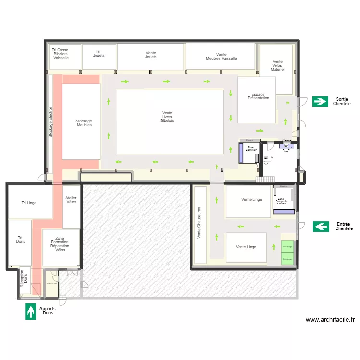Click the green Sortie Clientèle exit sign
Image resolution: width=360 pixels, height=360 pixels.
click(x=320, y=101)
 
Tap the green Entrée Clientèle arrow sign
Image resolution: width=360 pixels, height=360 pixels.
click(x=321, y=226)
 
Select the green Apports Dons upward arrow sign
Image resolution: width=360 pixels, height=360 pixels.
click(x=31, y=311)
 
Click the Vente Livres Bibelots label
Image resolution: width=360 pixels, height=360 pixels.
click(x=167, y=117)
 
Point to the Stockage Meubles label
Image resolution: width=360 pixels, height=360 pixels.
click(x=84, y=123)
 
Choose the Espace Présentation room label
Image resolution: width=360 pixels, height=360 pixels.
click(x=258, y=96)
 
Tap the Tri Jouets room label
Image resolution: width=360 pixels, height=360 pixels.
click(x=98, y=53)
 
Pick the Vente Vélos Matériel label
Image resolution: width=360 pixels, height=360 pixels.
click(x=277, y=65)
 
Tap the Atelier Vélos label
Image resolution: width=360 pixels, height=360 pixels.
click(x=71, y=199)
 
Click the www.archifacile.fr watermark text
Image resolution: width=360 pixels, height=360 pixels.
click(x=330, y=319)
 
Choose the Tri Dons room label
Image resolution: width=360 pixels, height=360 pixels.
click(x=20, y=240)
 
